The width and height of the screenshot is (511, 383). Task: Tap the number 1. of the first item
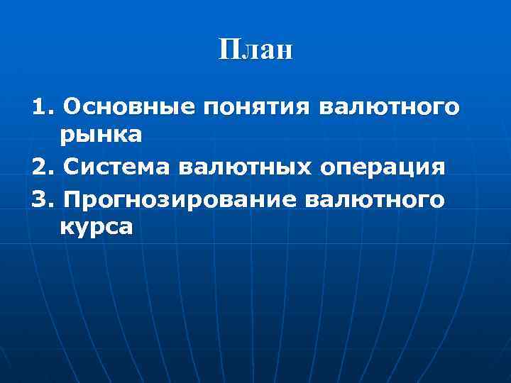click(x=43, y=108)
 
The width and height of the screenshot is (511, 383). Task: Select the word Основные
click(x=128, y=108)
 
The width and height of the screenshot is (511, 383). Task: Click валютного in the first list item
click(x=389, y=109)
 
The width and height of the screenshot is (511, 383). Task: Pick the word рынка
click(x=101, y=133)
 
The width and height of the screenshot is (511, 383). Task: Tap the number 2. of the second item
click(x=43, y=169)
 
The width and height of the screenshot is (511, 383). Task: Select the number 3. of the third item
click(x=43, y=200)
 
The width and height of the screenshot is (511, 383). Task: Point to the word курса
click(x=96, y=227)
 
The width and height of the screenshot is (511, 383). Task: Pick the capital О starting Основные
click(x=72, y=108)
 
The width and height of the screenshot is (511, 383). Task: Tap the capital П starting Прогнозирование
click(x=72, y=200)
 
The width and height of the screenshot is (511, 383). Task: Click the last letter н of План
click(x=284, y=52)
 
